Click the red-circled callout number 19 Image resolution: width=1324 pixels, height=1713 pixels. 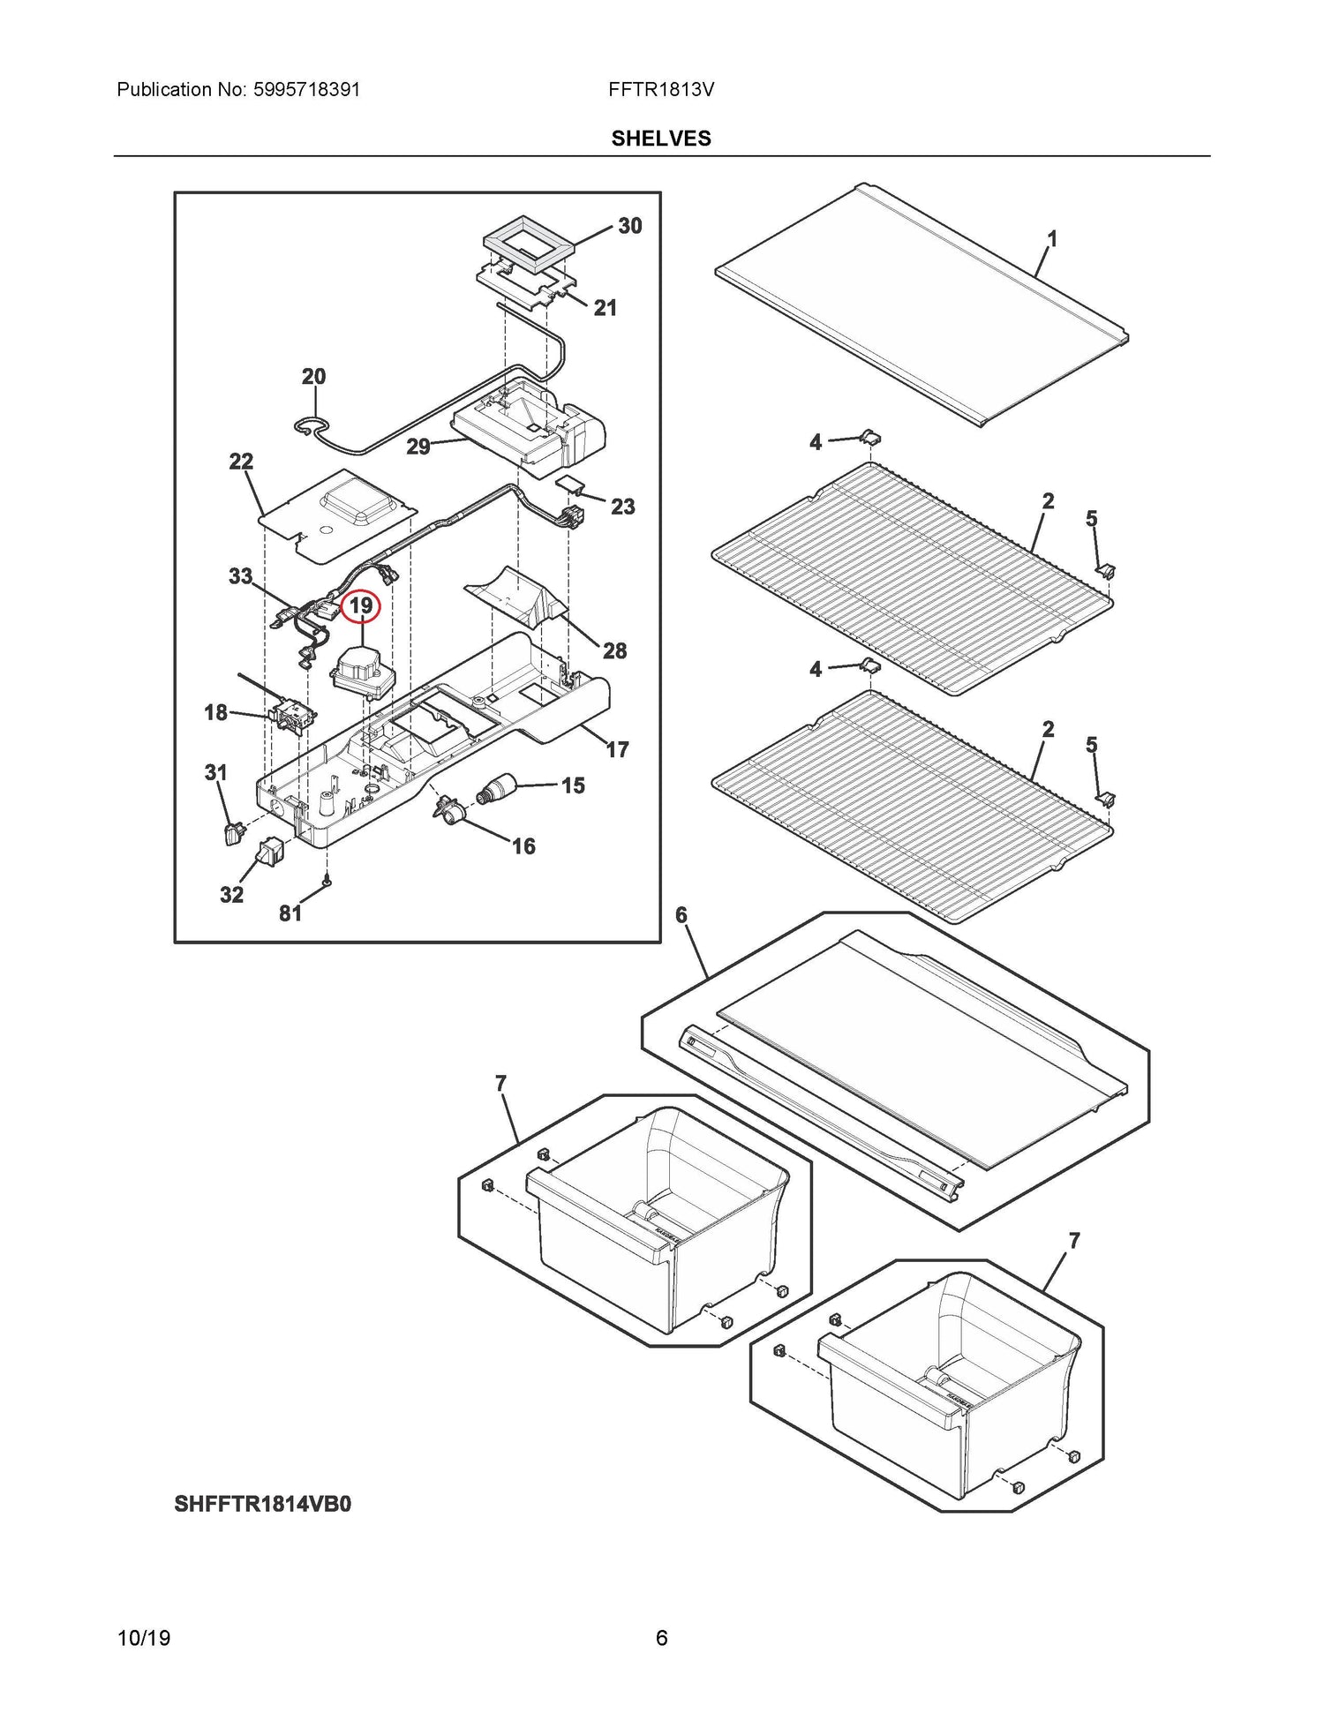361,606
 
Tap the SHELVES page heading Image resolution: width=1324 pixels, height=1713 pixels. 661,139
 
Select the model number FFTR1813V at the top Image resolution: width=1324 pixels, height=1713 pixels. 661,90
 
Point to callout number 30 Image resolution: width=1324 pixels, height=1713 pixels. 630,226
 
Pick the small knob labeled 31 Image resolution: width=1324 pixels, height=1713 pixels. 234,832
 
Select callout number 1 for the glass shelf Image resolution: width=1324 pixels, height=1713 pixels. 1052,238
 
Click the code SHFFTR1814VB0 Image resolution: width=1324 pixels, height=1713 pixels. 262,1504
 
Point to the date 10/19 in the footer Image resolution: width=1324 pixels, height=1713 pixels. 144,1639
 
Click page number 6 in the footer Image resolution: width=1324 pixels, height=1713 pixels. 661,1639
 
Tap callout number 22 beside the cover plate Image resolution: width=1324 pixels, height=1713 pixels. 241,461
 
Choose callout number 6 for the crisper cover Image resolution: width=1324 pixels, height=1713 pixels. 681,915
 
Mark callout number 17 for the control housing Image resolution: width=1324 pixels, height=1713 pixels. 618,749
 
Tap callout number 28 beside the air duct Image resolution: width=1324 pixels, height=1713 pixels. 615,651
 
